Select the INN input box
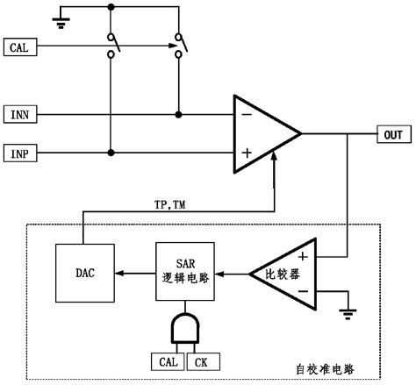tap(20, 114)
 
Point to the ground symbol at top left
tap(59, 18)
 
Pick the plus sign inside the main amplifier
tap(247, 153)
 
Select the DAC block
tap(83, 272)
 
